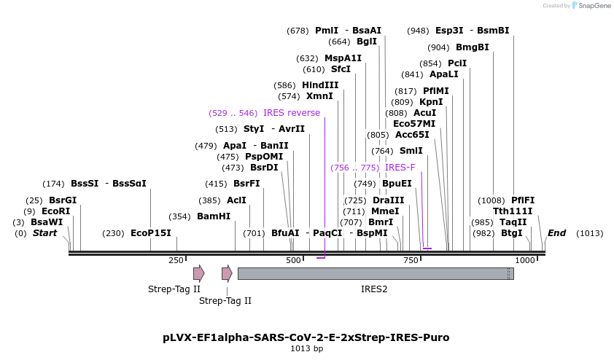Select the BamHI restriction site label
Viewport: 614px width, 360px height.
[214, 216]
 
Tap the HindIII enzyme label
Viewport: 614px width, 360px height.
[320, 85]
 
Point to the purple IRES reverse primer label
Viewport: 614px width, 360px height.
[292, 113]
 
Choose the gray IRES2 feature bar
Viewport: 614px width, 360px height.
[375, 273]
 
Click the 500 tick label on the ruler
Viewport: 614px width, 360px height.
[293, 260]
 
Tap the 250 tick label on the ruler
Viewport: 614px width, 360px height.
[176, 260]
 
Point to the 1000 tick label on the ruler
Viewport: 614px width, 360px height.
[524, 260]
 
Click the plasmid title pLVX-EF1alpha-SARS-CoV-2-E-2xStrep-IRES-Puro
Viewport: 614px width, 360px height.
[306, 337]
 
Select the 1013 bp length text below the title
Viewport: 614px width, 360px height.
[306, 349]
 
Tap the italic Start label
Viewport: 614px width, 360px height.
[45, 233]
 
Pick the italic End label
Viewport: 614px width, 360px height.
[556, 233]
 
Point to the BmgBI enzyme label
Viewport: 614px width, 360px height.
[473, 47]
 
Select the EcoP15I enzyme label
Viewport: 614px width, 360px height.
[151, 233]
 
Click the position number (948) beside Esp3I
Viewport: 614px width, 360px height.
[419, 31]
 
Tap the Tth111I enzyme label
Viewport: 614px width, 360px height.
[513, 211]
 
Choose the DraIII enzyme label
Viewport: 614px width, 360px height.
[388, 200]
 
